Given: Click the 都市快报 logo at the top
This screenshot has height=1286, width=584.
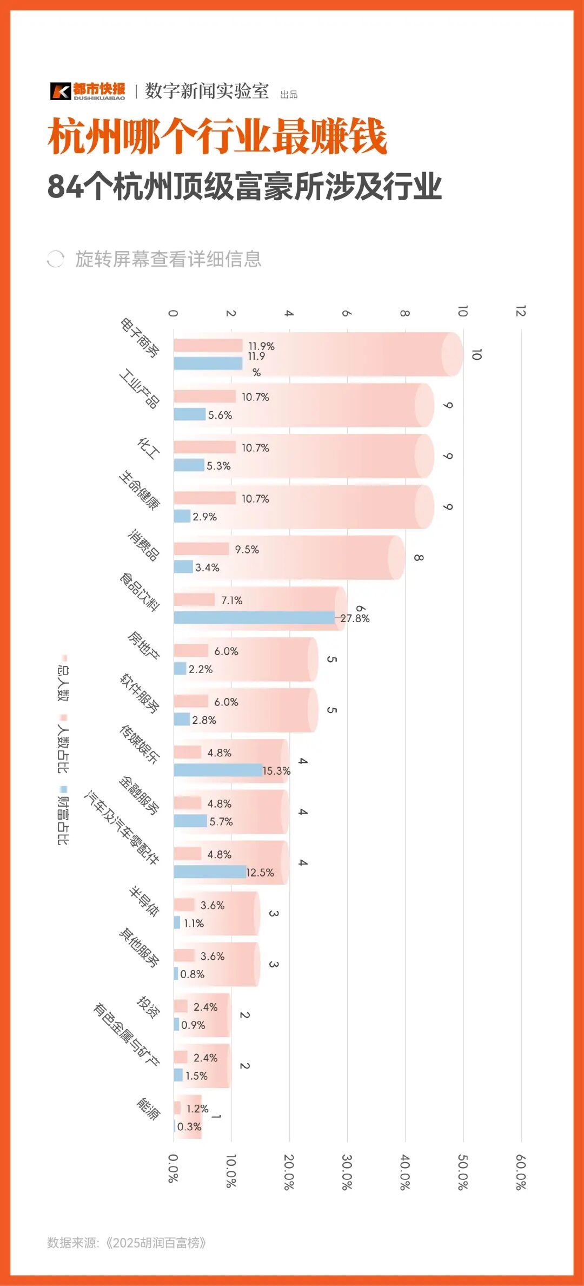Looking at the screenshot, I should pyautogui.click(x=88, y=91).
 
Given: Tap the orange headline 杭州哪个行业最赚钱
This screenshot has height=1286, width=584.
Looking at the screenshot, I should pyautogui.click(x=217, y=136).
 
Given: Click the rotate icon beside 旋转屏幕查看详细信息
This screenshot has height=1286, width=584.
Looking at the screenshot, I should pyautogui.click(x=55, y=259).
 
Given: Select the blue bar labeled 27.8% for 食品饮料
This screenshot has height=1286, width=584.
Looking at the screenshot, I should pyautogui.click(x=254, y=618).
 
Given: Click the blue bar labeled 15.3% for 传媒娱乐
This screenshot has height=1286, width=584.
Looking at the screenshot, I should pyautogui.click(x=218, y=770).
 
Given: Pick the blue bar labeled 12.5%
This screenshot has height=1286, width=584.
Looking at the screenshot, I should pyautogui.click(x=210, y=872).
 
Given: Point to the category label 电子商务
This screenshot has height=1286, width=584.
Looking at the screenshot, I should pyautogui.click(x=140, y=338).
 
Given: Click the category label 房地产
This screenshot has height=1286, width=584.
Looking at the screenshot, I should pyautogui.click(x=143, y=645).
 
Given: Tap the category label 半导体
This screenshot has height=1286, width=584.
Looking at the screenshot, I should pyautogui.click(x=144, y=901).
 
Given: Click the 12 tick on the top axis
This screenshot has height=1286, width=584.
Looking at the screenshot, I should pyautogui.click(x=521, y=311).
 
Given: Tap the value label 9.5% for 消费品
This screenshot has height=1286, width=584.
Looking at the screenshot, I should pyautogui.click(x=247, y=550).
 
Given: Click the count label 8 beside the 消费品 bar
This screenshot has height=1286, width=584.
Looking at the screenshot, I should pyautogui.click(x=419, y=558).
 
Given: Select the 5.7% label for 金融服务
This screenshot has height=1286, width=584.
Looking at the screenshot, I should pyautogui.click(x=221, y=822).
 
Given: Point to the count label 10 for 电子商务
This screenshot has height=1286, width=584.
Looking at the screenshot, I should pyautogui.click(x=476, y=354).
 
